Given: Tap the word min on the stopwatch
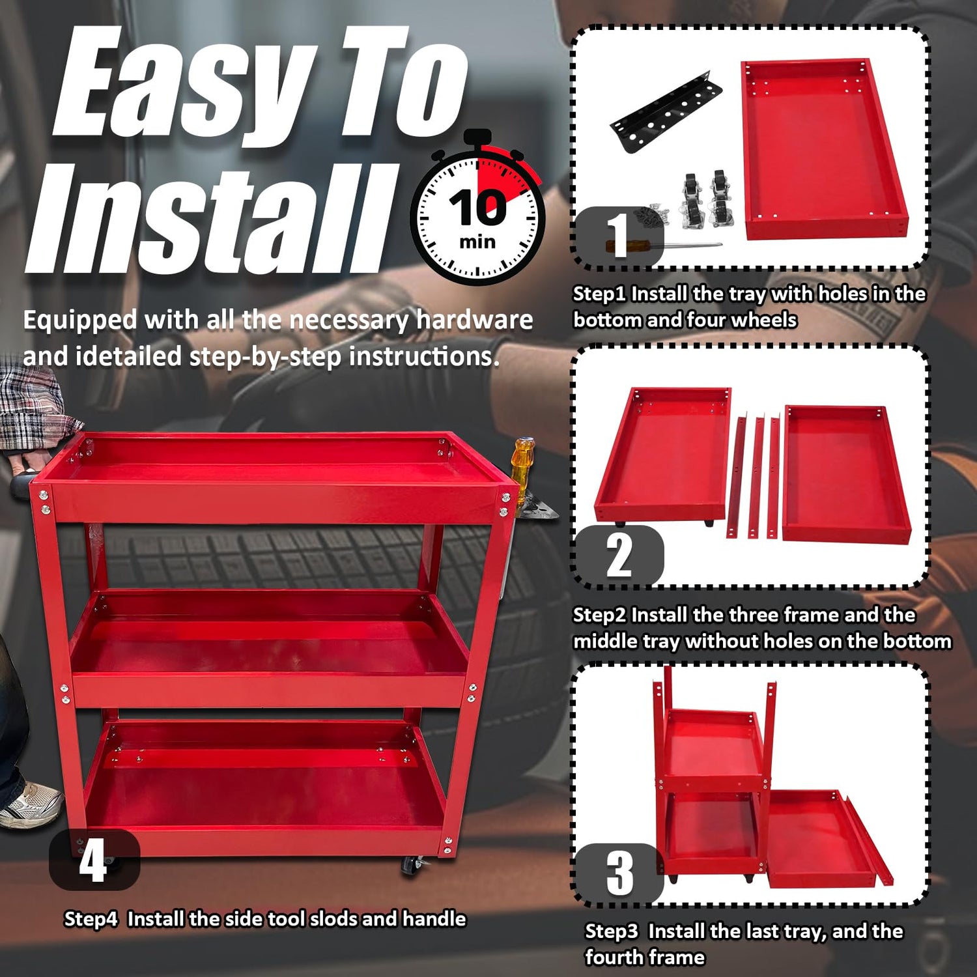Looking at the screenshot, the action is (x=477, y=242).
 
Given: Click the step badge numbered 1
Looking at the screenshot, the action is (x=617, y=236).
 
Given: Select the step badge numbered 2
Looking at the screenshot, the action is (x=619, y=555).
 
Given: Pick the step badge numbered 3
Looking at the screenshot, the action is (x=619, y=873).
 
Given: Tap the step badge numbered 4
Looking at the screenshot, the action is (x=94, y=860).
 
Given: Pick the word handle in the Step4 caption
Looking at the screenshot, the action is (x=434, y=918).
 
